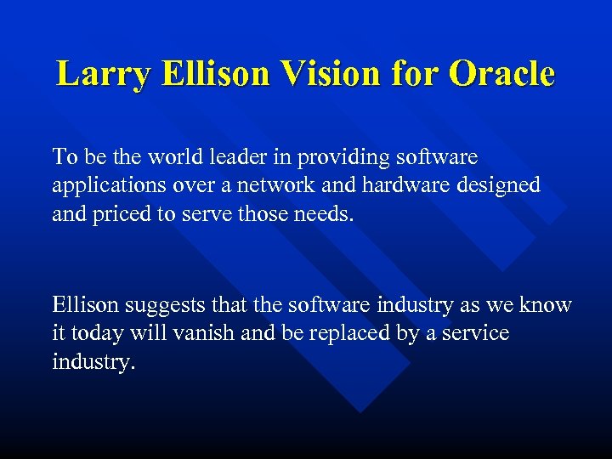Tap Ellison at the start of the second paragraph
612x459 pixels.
point(83,305)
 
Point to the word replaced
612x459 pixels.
point(331,333)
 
